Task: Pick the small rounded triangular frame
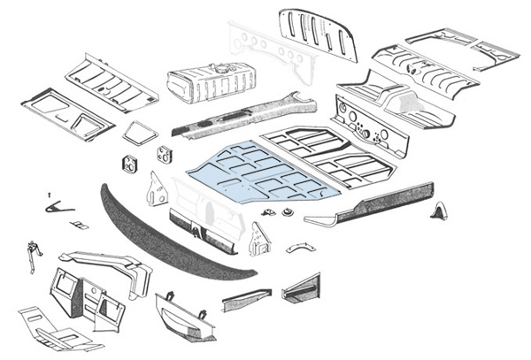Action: tap(138, 134)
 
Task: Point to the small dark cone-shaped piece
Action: tap(438, 212)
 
